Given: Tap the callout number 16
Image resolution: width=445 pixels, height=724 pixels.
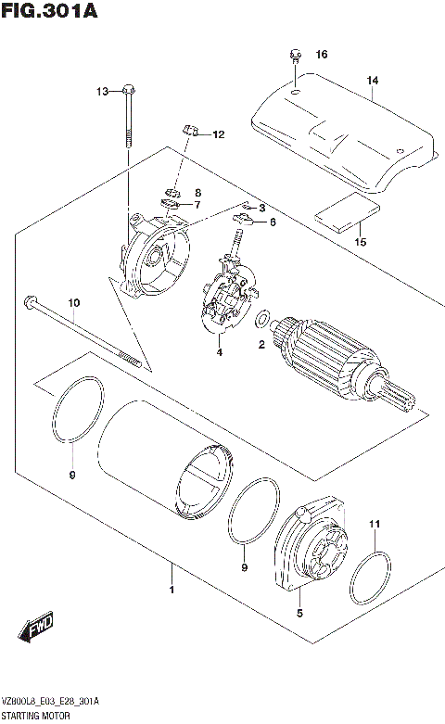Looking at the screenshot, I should (x=322, y=55).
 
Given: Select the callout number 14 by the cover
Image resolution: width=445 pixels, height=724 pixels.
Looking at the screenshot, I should (x=372, y=81).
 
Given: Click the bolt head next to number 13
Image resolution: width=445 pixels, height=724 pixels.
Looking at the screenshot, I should (x=128, y=91).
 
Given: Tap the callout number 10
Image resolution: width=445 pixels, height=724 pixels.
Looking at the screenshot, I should (x=74, y=303).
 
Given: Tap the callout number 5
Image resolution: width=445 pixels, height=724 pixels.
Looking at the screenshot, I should (x=299, y=613).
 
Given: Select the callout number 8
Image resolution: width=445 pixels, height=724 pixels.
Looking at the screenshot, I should (x=197, y=192).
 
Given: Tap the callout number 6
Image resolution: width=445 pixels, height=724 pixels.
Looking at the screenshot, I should (x=273, y=222).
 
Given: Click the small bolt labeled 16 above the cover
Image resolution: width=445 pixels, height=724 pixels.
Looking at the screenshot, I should (x=293, y=56).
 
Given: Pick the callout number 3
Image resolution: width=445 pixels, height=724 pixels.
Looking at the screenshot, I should (x=262, y=208).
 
